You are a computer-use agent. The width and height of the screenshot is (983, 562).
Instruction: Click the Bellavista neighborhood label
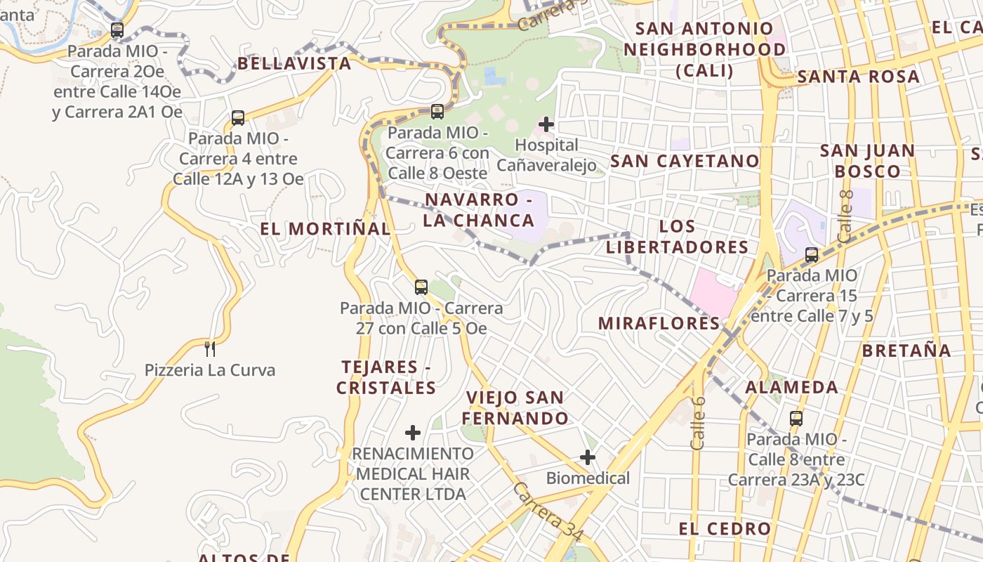pos(294,63)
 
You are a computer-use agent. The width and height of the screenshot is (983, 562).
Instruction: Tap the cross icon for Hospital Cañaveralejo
pos(546,125)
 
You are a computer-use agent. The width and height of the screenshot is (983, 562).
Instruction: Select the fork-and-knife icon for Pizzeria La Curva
pos(209,348)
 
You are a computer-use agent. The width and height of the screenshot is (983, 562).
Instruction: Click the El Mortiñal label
pos(325,228)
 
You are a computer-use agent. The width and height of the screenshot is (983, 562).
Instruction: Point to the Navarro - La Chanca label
pos(480,210)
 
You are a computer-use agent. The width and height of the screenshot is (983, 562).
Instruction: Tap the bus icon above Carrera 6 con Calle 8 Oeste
pos(437,111)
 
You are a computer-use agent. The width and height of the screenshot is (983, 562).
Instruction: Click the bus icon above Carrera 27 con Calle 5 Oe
pos(421,287)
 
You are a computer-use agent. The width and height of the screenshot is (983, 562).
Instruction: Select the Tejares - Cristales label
pos(385,377)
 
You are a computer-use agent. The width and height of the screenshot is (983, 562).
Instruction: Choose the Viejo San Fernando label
pos(515,408)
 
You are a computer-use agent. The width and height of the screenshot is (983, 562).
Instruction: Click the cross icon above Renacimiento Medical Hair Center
pos(413,432)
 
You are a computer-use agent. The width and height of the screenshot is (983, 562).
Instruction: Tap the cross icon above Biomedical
pos(588,458)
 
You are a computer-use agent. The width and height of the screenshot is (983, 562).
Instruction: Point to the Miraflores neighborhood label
pos(659,323)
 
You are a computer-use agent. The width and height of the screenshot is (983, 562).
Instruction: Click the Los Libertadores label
pos(678,237)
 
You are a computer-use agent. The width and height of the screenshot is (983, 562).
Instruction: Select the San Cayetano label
pos(685,161)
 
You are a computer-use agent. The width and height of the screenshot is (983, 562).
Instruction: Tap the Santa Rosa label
pos(858,77)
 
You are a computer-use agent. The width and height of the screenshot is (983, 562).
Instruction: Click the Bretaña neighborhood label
pos(906,351)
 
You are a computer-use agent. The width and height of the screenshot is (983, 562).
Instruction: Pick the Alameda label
pos(791,387)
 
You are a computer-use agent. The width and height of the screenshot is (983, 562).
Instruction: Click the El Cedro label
pos(725,528)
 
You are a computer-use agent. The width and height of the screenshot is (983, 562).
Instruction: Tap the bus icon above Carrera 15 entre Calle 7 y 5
pos(812,255)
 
